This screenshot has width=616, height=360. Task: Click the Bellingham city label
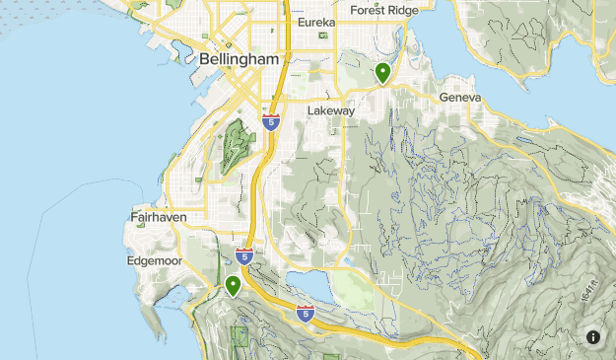(240, 59)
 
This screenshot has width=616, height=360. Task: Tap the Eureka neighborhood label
(316, 22)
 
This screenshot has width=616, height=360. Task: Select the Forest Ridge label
(383, 10)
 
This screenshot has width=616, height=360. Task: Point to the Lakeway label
(330, 111)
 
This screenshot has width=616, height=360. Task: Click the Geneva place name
(460, 99)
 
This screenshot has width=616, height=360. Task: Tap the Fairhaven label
(158, 216)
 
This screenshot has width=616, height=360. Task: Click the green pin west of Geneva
(382, 73)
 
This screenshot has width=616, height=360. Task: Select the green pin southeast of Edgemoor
(234, 286)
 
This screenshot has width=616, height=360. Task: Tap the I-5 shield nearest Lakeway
(271, 121)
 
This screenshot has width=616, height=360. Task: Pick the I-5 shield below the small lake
(306, 315)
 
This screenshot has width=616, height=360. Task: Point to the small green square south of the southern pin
(240, 335)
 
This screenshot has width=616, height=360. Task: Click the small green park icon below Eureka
(322, 36)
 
